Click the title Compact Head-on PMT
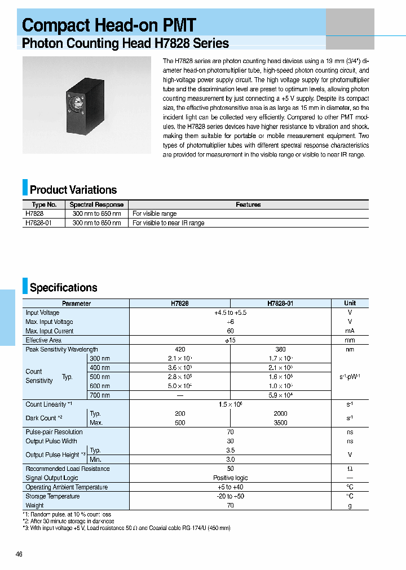[x=109, y=25]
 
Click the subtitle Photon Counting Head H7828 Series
[x=125, y=43]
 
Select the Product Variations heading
[x=73, y=190]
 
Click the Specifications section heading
[x=63, y=288]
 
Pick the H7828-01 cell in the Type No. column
[x=36, y=223]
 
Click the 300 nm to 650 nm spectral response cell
[x=96, y=214]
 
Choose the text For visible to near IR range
[x=168, y=223]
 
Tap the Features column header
[x=248, y=204]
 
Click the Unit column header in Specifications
[x=350, y=303]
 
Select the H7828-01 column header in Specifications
[x=280, y=303]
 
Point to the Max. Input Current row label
[x=50, y=331]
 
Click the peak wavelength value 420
[x=180, y=350]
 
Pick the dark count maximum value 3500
[x=280, y=422]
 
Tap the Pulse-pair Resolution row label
[x=54, y=432]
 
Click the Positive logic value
[x=230, y=478]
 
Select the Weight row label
[x=34, y=505]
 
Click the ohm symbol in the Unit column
[x=350, y=469]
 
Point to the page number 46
[x=19, y=554]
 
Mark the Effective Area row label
[x=43, y=340]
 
